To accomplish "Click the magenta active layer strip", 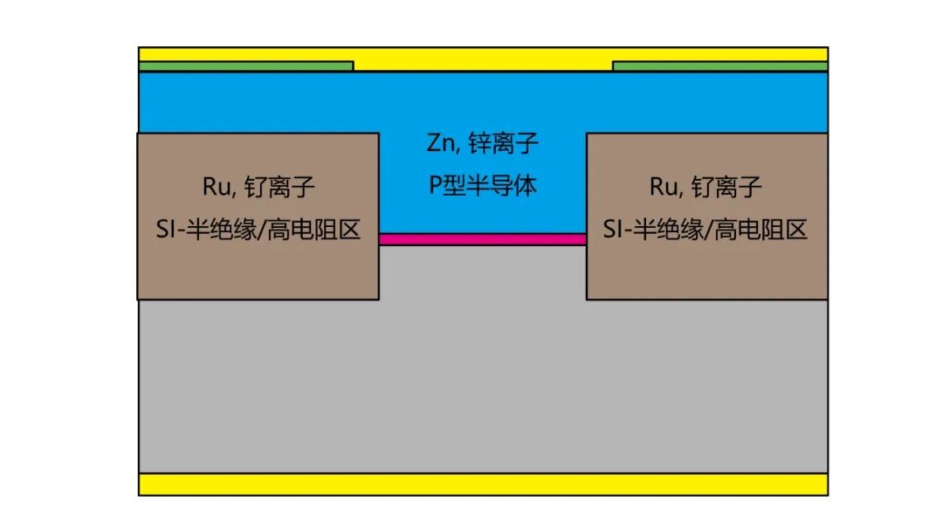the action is click(x=483, y=239).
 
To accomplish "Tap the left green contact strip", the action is click(x=246, y=66).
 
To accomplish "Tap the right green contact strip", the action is click(x=719, y=66).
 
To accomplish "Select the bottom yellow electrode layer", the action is click(x=483, y=485).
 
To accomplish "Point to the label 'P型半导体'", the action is click(x=482, y=185).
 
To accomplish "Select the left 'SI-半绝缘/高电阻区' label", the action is click(x=258, y=230).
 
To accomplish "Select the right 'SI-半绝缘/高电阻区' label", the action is click(x=706, y=230).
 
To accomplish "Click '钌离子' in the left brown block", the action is click(x=279, y=187).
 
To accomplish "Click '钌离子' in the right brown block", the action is click(x=726, y=187).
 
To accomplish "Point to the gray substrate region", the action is click(x=483, y=385).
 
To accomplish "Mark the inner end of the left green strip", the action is click(x=353, y=66).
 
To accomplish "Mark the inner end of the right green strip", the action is click(x=614, y=66).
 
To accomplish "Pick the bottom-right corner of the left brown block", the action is click(x=379, y=299).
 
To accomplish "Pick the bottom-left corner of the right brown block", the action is click(x=587, y=299).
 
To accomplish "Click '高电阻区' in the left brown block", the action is click(x=313, y=230).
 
